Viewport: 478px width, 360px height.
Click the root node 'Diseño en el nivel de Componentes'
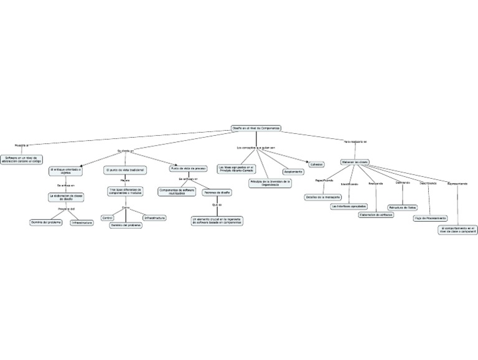256,128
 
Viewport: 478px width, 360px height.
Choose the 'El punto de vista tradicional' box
125,170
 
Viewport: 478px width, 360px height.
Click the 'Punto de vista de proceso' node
189,168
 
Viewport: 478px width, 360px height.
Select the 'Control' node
107,218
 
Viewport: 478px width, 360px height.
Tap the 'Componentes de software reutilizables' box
177,191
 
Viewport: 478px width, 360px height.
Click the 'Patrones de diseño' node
217,192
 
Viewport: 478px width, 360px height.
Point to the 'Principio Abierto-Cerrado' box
237,169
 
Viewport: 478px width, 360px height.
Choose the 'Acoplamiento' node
293,171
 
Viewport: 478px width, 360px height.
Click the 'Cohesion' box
317,164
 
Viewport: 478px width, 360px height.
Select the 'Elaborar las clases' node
355,162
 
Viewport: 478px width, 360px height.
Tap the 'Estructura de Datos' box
402,207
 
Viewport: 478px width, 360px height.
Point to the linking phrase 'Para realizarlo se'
355,142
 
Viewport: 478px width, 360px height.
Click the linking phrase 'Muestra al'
22,144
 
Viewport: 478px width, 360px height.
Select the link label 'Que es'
217,205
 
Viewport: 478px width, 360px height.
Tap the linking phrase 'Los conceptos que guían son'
256,148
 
